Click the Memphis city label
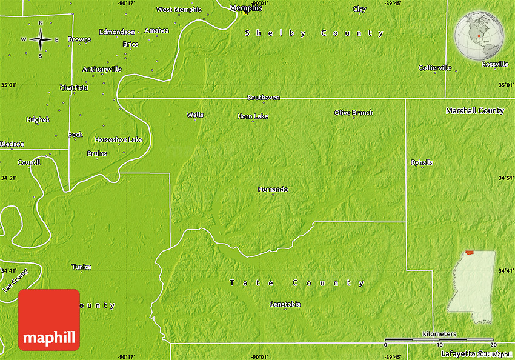point(246,8)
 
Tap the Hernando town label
point(273,190)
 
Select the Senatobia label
point(285,304)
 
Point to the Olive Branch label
point(354,113)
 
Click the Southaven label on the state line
point(264,97)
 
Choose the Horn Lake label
point(253,116)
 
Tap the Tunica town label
point(81,267)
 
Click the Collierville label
point(435,68)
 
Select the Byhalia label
point(422,162)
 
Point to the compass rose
point(41,39)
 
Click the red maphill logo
point(49,320)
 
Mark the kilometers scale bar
point(439,339)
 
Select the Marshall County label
point(475,111)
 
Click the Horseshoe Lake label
point(118,140)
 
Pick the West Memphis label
point(179,10)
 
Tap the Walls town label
point(195,115)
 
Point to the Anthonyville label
point(102,69)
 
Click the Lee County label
point(15,281)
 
